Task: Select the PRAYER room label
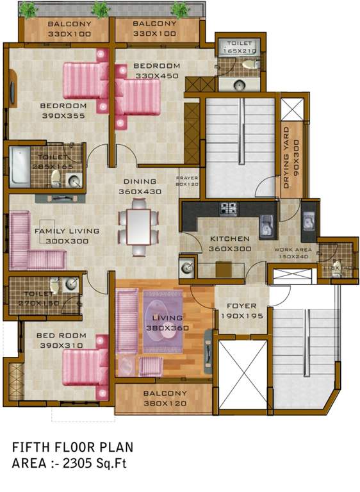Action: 187,177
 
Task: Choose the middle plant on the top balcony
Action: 100,8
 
